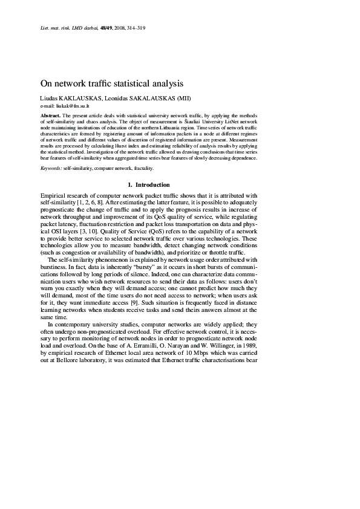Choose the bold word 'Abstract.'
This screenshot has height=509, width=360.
[x=50, y=115]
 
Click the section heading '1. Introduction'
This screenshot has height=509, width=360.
[x=149, y=184]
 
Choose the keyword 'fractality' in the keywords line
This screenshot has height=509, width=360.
[x=142, y=168]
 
